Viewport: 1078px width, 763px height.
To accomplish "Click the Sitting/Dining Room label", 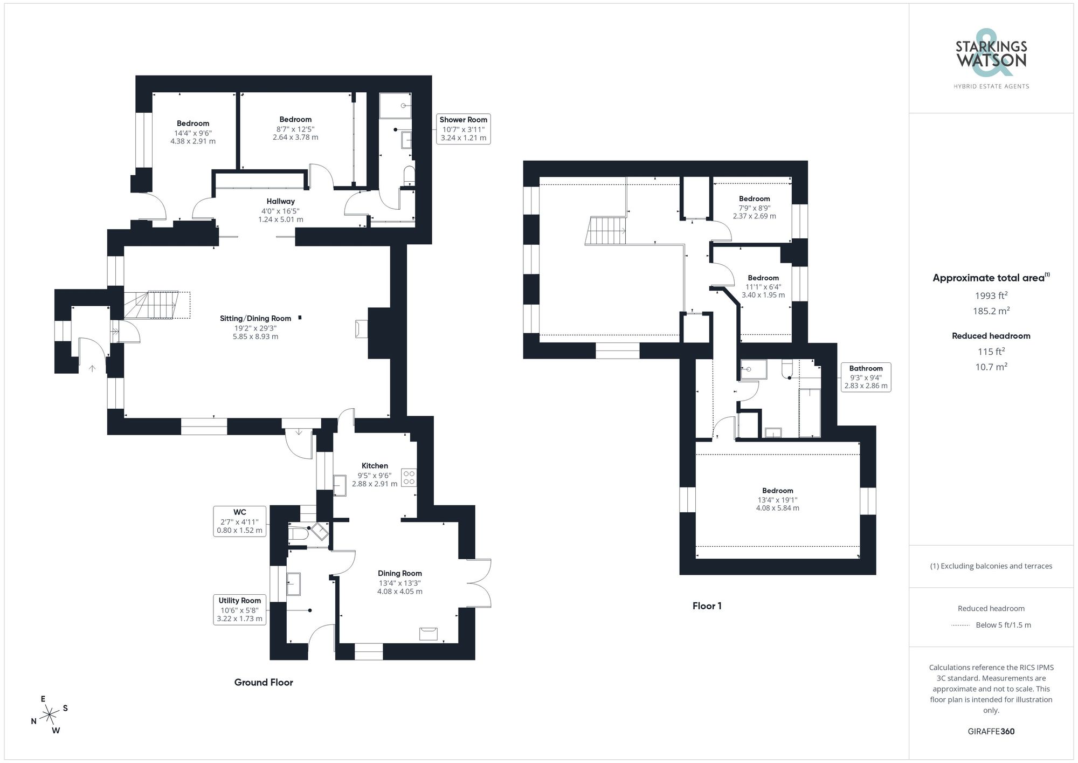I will coord(255,319).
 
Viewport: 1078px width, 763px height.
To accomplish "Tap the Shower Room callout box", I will coord(463,129).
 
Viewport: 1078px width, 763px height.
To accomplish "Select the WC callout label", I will coord(240,521).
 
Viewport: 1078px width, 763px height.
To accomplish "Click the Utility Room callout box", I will coord(240,609).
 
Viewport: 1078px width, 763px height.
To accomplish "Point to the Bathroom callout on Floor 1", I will coord(866,377).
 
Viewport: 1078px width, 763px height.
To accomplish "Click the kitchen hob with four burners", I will coord(409,477).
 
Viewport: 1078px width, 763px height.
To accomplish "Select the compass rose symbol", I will coord(50,716).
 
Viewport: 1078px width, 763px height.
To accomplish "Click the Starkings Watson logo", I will coord(991,54).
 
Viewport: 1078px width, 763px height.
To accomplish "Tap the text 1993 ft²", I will coord(991,295).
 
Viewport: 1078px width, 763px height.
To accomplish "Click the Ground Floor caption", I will coord(264,682).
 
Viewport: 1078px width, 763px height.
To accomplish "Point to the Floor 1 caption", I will coord(707,606).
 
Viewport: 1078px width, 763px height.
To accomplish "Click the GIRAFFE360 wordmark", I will coord(991,731).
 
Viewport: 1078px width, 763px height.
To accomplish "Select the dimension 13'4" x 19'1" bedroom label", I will coord(777,499).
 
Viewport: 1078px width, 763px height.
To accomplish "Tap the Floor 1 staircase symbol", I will coord(606,231).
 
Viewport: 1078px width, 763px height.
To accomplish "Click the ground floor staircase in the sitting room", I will coord(156,305).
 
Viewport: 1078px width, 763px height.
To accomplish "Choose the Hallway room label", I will coord(280,201).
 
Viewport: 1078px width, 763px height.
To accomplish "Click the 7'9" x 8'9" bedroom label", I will coord(754,207).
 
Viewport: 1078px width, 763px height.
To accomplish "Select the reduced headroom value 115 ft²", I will coord(991,352).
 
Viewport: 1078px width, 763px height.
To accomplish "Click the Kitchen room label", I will coord(375,465).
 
